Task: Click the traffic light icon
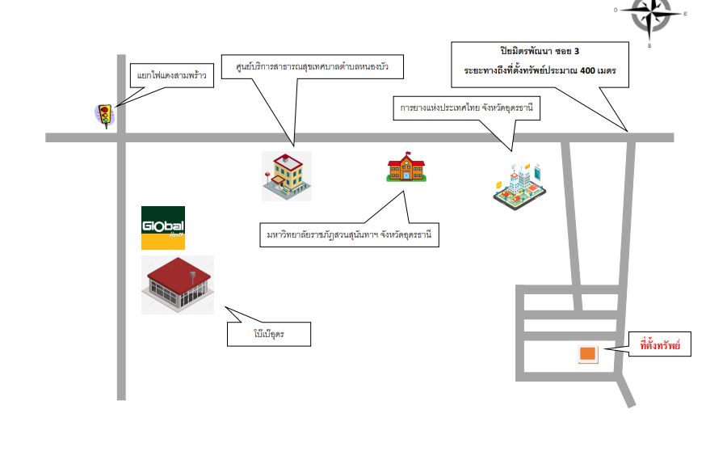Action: click(x=105, y=116)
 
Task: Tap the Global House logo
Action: click(x=163, y=228)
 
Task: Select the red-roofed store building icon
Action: click(x=178, y=285)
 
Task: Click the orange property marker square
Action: click(x=587, y=354)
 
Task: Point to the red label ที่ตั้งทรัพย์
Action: click(x=660, y=345)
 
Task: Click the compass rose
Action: click(x=649, y=16)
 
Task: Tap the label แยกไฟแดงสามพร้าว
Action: click(x=171, y=75)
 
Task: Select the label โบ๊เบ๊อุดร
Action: click(x=269, y=334)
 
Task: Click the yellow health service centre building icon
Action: click(x=287, y=175)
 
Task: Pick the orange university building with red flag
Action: click(x=406, y=167)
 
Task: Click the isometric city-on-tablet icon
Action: click(x=519, y=186)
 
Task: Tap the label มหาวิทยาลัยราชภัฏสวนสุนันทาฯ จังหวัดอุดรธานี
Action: click(x=349, y=234)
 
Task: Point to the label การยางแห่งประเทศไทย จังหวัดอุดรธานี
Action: click(x=466, y=108)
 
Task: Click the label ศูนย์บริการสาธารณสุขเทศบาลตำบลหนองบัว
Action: click(x=312, y=66)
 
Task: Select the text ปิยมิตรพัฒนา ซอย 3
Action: click(x=540, y=51)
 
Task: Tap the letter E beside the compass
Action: click(x=685, y=14)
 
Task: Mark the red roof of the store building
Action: click(x=179, y=275)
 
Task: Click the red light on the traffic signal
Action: click(x=104, y=110)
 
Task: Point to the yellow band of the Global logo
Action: click(x=163, y=242)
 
